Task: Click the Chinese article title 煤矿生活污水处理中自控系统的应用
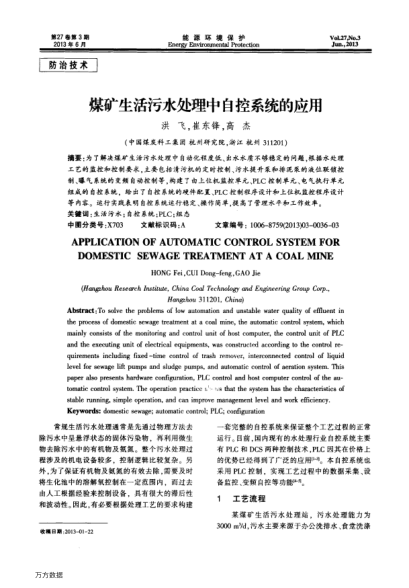(204, 106)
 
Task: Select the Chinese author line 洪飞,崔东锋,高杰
(204, 130)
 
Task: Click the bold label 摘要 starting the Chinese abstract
(73, 159)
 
